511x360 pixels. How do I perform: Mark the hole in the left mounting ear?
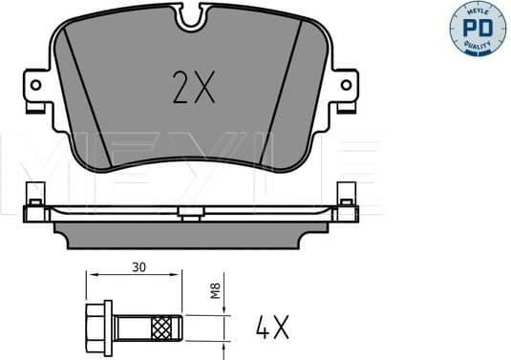(x=35, y=85)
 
